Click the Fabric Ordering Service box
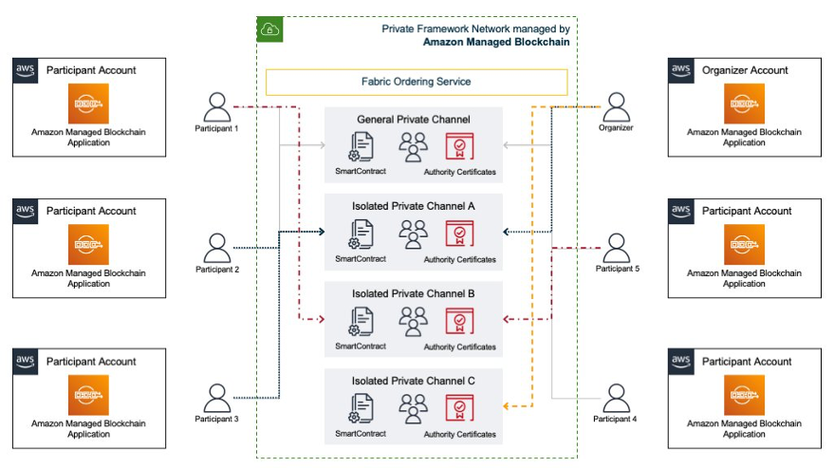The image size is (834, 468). tap(416, 82)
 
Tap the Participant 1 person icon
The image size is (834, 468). tap(217, 106)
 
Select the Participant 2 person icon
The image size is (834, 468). tap(217, 249)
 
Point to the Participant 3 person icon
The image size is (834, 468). tap(217, 398)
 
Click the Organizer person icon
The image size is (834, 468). tap(617, 106)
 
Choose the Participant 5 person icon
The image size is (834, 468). tap(617, 249)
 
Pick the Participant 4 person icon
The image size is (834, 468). tap(617, 398)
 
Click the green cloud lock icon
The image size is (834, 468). tap(270, 29)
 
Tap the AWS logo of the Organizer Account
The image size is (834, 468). tap(681, 70)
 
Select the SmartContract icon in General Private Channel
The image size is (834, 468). tap(361, 148)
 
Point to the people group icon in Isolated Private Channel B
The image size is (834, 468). tap(413, 321)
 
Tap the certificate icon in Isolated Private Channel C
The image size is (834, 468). tap(459, 409)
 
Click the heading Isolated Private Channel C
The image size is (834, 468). tap(413, 381)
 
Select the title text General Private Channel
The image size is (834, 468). tap(413, 120)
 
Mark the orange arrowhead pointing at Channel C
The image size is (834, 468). tap(506, 405)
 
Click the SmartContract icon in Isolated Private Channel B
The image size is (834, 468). tap(361, 321)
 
